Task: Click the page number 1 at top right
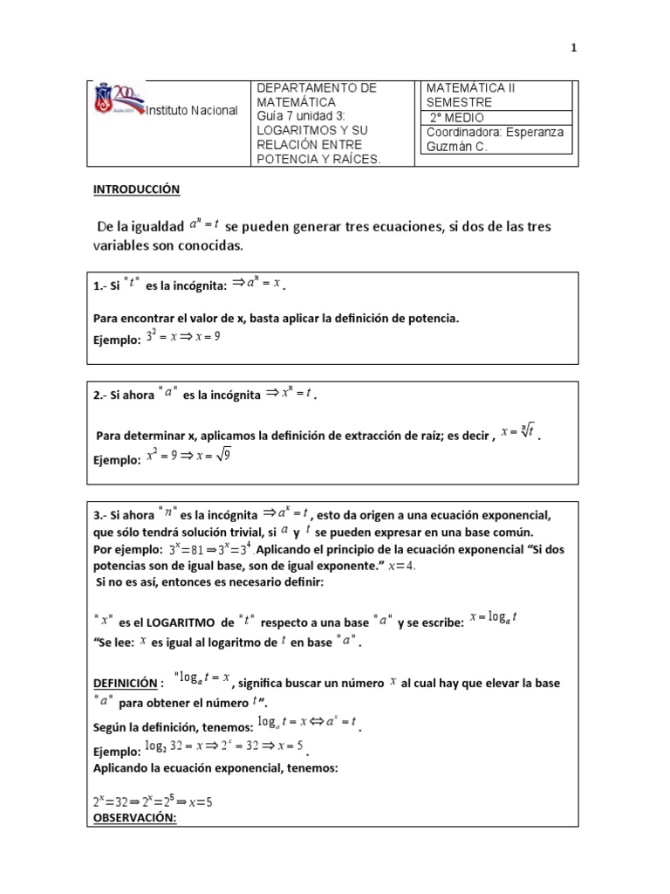click(x=574, y=49)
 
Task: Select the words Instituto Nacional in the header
click(x=190, y=111)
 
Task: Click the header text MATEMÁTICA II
click(x=471, y=89)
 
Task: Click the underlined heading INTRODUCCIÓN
click(x=136, y=189)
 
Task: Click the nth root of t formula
click(x=517, y=430)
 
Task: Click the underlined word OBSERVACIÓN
click(x=134, y=818)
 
